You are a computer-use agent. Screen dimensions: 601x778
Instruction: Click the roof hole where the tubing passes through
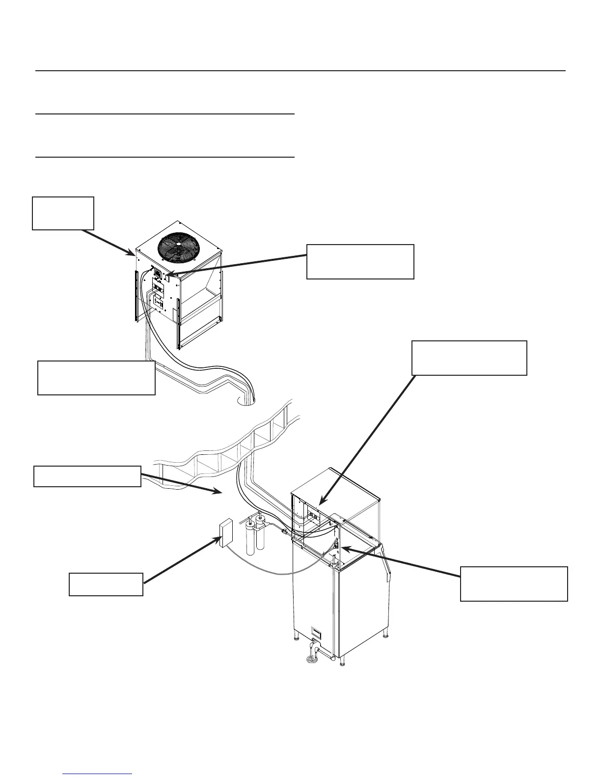(246, 401)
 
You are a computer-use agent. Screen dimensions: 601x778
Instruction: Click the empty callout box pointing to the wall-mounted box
(106, 584)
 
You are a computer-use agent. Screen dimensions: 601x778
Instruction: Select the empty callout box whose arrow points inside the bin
(514, 583)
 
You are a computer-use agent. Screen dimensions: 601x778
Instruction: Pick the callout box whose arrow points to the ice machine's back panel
(469, 358)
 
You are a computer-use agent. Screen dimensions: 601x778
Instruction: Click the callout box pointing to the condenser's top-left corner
(63, 213)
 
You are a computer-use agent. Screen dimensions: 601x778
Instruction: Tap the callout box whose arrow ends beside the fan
(360, 261)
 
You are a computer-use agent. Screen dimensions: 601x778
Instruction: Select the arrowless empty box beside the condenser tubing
(96, 378)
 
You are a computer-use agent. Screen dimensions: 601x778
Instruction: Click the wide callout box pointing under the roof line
(87, 476)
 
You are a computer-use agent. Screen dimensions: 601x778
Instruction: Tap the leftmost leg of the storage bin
(297, 639)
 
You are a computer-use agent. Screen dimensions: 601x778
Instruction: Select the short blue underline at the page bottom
(98, 774)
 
